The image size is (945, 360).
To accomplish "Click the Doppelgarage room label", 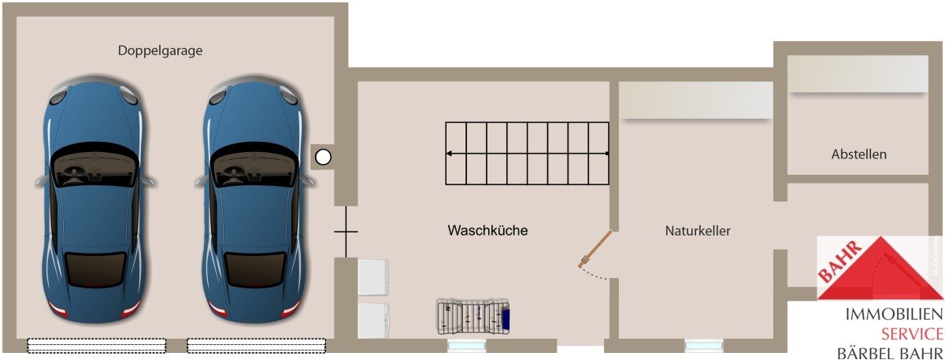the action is click(161, 50).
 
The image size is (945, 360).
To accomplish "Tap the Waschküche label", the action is click(487, 231).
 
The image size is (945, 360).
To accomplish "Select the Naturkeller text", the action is click(698, 231).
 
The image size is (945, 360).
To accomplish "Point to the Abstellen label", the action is click(859, 154).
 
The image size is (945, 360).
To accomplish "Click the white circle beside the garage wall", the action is click(323, 158).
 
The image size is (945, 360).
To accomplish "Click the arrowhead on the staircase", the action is click(450, 154).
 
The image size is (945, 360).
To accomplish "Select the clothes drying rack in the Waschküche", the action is click(473, 317).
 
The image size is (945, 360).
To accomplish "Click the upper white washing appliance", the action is click(373, 276).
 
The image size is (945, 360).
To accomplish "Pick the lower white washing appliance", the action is click(373, 321).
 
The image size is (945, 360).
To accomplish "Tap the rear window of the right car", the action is click(254, 269).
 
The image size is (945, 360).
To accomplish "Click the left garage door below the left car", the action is click(97, 345).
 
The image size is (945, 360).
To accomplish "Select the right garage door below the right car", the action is click(257, 345).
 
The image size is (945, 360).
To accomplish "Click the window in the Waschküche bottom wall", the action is click(466, 346).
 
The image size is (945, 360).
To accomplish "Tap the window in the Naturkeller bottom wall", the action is click(704, 346).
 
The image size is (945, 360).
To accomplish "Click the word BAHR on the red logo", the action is click(839, 262).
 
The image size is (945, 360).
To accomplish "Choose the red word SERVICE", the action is click(912, 334).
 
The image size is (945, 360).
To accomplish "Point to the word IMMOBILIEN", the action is click(894, 314).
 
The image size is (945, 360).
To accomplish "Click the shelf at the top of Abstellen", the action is click(858, 73).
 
